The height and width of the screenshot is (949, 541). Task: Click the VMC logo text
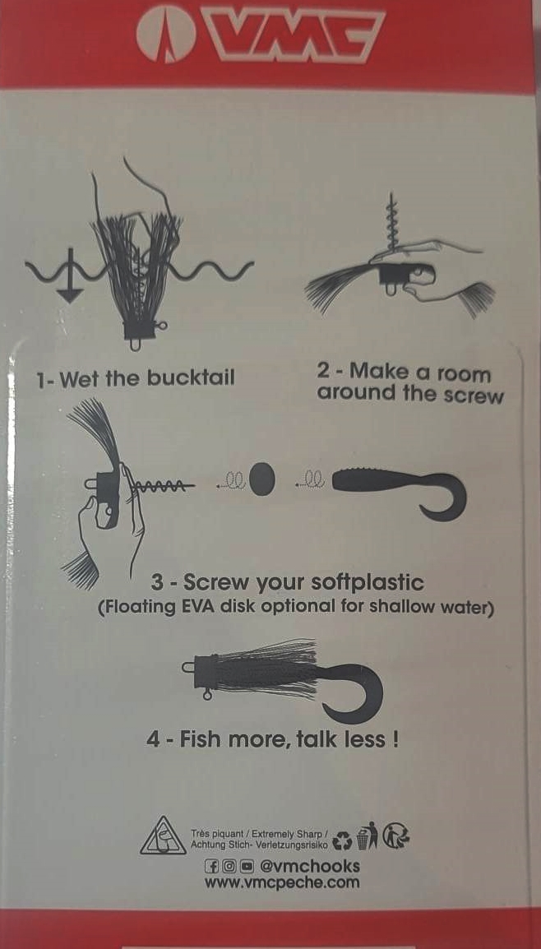tap(294, 35)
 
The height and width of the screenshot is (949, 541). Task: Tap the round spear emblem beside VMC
tap(166, 35)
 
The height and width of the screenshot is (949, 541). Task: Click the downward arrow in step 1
tap(70, 275)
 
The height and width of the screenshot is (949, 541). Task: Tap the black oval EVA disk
tap(262, 479)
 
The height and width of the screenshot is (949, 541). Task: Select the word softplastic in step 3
tap(367, 583)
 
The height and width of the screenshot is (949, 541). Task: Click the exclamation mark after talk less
tap(395, 739)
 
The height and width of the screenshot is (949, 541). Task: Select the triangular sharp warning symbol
tap(164, 836)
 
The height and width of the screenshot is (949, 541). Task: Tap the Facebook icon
tap(211, 866)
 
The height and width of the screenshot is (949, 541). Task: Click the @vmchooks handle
tap(309, 866)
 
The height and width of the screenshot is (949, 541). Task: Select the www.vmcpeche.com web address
tap(281, 882)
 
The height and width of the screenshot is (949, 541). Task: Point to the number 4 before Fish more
tap(153, 739)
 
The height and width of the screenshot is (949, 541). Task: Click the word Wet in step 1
tap(81, 380)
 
